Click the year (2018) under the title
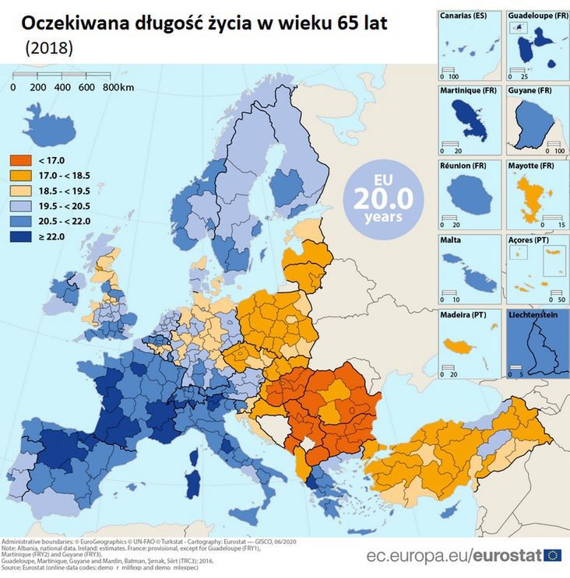(50, 48)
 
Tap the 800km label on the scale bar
(118, 87)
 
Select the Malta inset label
(450, 240)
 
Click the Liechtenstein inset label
(537, 315)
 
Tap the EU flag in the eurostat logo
(553, 555)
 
